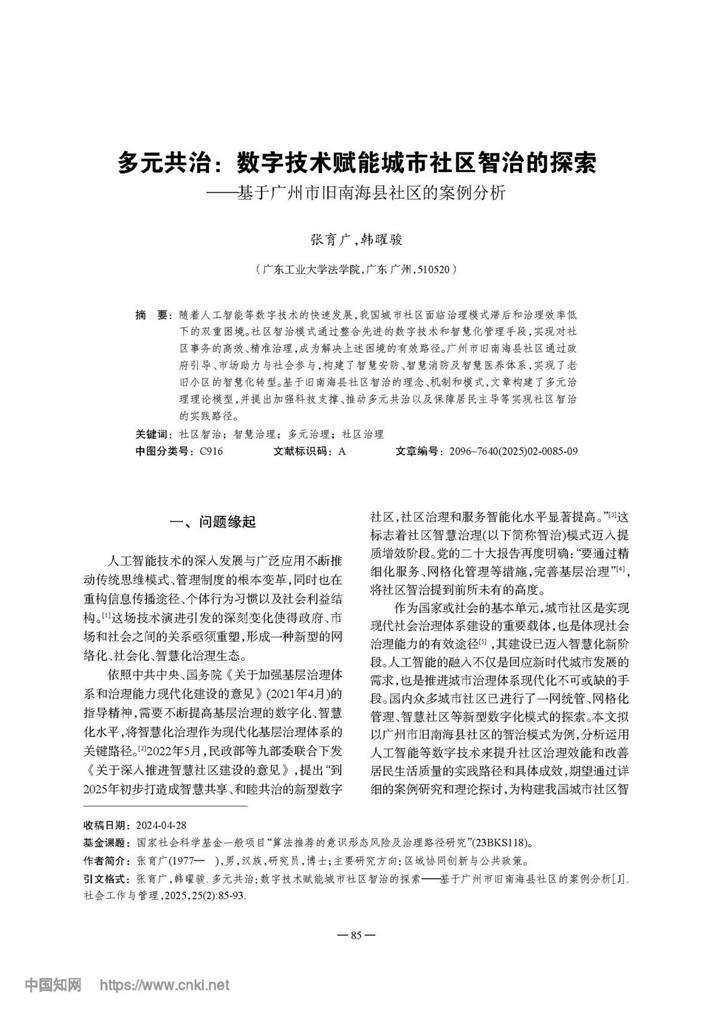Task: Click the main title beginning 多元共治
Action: (x=357, y=162)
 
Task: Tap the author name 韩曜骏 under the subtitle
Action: (x=382, y=239)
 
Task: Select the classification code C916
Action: (x=212, y=451)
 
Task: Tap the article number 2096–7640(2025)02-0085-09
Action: (x=510, y=451)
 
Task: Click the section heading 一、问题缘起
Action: (x=213, y=522)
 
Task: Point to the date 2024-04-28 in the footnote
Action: (x=161, y=825)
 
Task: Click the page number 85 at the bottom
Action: (x=357, y=935)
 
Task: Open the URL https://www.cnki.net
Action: (x=164, y=984)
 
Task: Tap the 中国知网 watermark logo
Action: (x=53, y=984)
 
